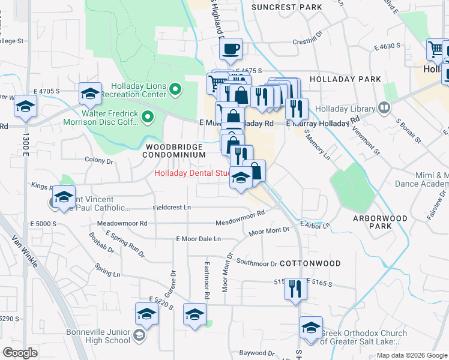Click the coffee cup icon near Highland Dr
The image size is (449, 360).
click(x=231, y=49)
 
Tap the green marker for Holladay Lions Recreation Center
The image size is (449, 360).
click(x=175, y=90)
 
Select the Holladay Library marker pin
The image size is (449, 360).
click(x=385, y=108)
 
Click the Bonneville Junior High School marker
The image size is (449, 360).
click(x=139, y=335)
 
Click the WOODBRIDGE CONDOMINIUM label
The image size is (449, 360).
click(x=173, y=150)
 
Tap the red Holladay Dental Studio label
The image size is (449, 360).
click(x=193, y=174)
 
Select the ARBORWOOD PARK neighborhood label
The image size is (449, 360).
click(x=380, y=222)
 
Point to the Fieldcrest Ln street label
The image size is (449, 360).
click(x=171, y=207)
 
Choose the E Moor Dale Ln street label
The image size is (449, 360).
click(x=199, y=239)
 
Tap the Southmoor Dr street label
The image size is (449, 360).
click(x=256, y=263)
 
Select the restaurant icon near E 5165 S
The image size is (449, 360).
click(x=294, y=289)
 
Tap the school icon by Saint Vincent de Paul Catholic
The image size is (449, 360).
click(x=62, y=199)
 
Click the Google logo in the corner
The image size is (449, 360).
click(x=20, y=353)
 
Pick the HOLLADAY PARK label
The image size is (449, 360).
click(x=345, y=79)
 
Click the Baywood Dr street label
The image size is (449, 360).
click(x=257, y=353)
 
